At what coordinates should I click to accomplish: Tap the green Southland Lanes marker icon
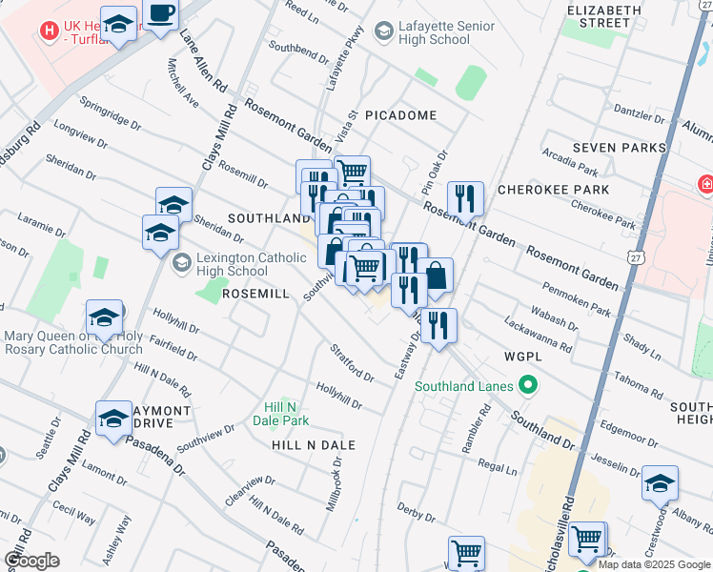pyautogui.click(x=525, y=386)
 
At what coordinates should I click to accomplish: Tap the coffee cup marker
pyautogui.click(x=161, y=16)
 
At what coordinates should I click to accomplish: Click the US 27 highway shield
pyautogui.click(x=637, y=257)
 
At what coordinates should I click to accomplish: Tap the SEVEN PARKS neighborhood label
pyautogui.click(x=620, y=149)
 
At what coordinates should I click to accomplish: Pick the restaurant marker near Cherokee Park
pyautogui.click(x=465, y=198)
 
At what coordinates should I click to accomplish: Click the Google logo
pyautogui.click(x=31, y=560)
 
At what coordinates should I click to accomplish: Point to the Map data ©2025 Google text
pyautogui.click(x=655, y=564)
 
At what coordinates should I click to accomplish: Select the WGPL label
pyautogui.click(x=523, y=356)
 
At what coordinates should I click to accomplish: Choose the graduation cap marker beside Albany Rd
pyautogui.click(x=660, y=483)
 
